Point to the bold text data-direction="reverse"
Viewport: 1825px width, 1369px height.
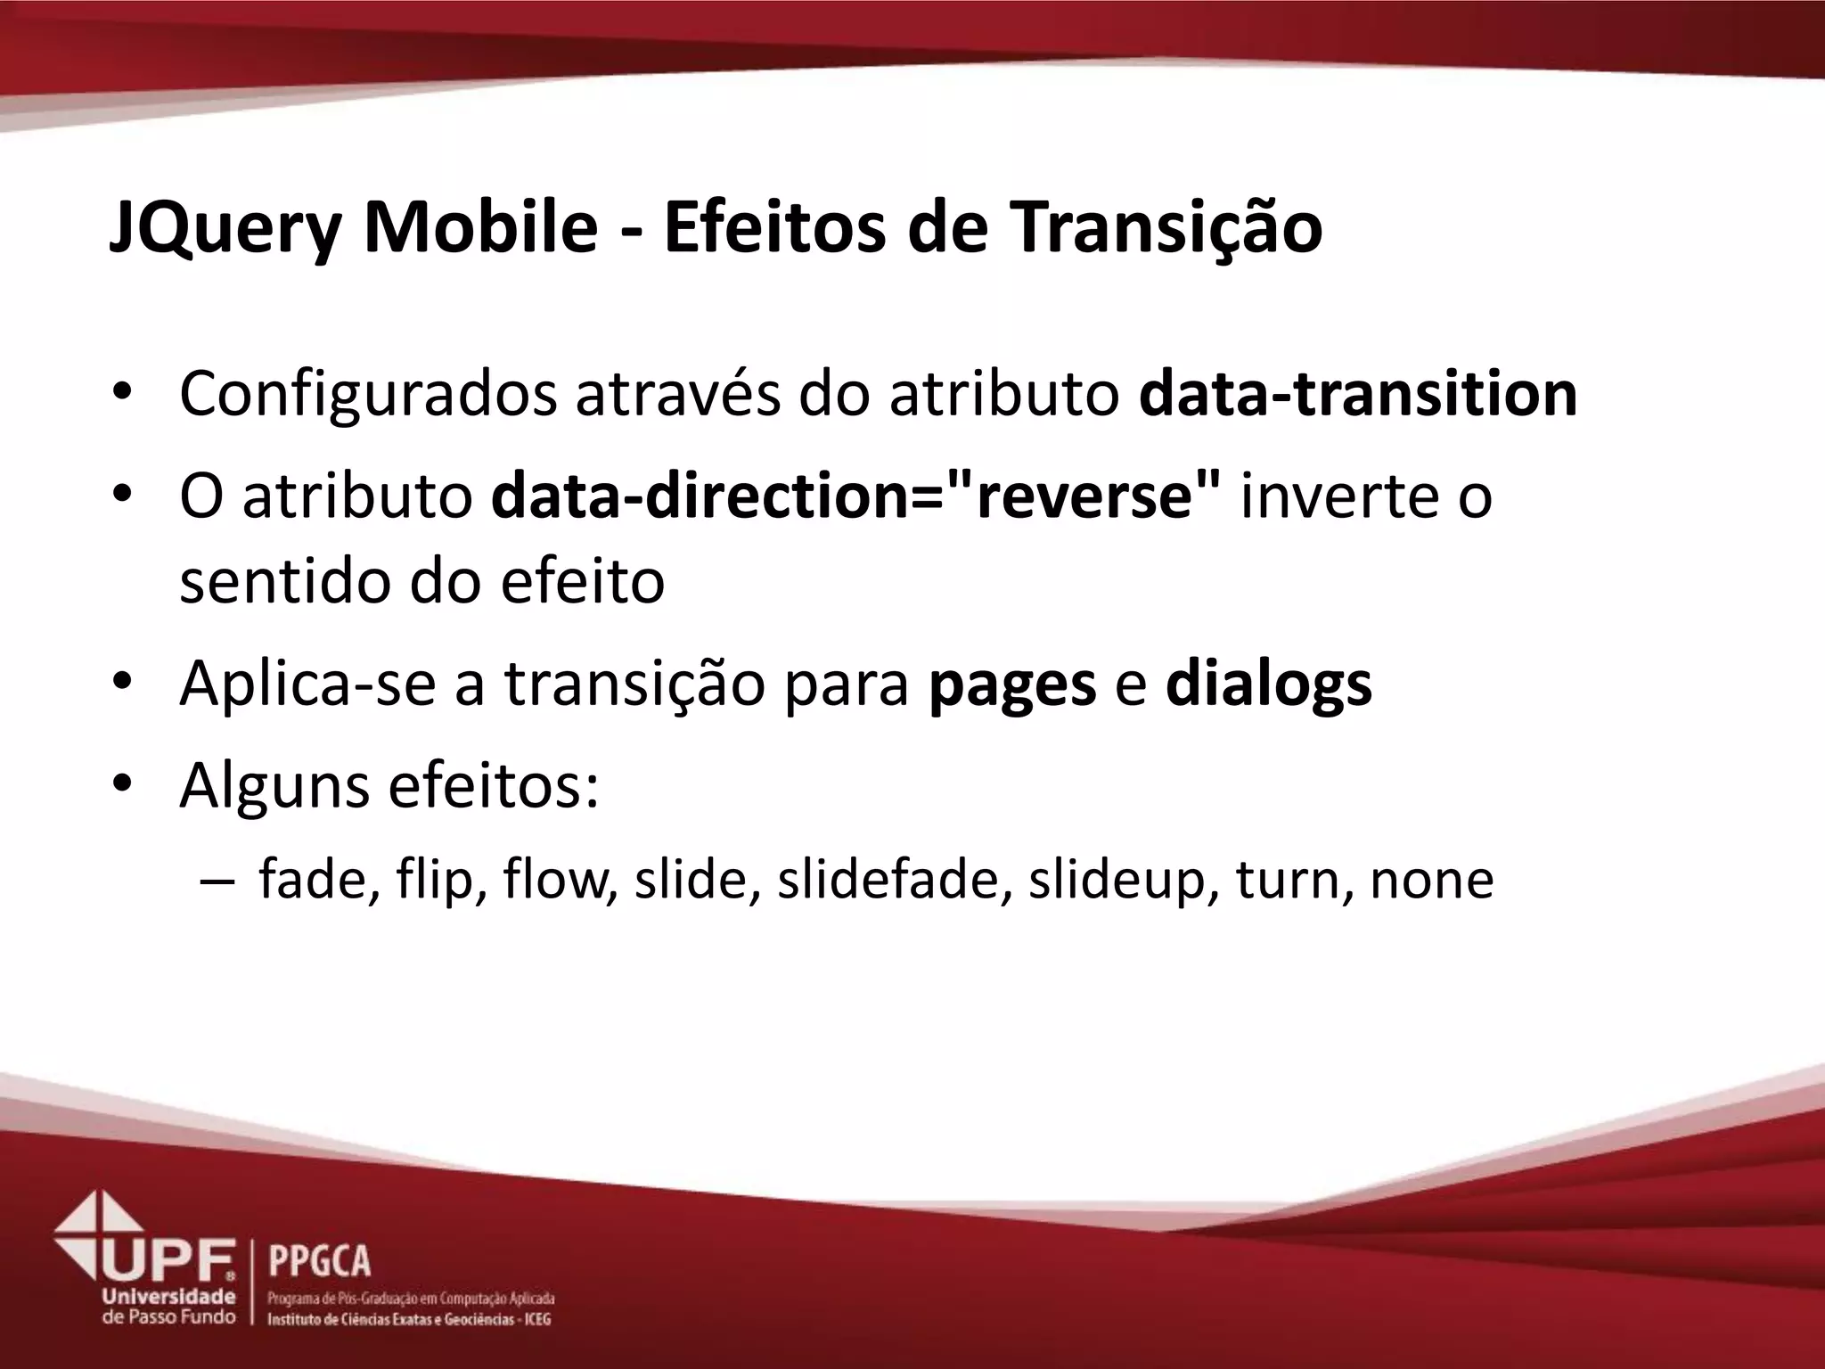click(855, 496)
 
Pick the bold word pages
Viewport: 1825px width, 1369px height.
click(1012, 684)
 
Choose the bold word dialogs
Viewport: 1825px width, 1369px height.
click(1268, 684)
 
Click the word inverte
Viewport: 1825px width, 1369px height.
click(1330, 496)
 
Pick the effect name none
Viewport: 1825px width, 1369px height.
click(1431, 880)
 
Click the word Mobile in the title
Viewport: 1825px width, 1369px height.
click(480, 228)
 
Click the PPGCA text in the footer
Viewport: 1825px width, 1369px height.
click(319, 1261)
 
